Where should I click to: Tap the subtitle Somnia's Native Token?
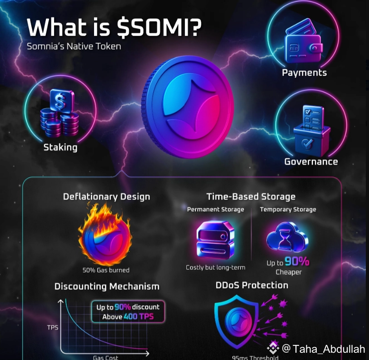pyautogui.click(x=74, y=46)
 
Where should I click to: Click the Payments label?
pyautogui.click(x=304, y=73)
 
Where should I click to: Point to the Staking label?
pyautogui.click(x=60, y=147)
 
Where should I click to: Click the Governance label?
pyautogui.click(x=311, y=162)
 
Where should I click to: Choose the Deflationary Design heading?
pyautogui.click(x=106, y=197)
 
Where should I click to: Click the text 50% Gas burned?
pyautogui.click(x=106, y=270)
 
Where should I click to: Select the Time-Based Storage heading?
pyautogui.click(x=251, y=196)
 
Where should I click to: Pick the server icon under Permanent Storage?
pyautogui.click(x=215, y=239)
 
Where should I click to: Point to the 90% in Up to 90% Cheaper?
pyautogui.click(x=298, y=262)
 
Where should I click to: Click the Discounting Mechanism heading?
pyautogui.click(x=107, y=286)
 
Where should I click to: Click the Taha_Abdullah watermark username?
pyautogui.click(x=329, y=349)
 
